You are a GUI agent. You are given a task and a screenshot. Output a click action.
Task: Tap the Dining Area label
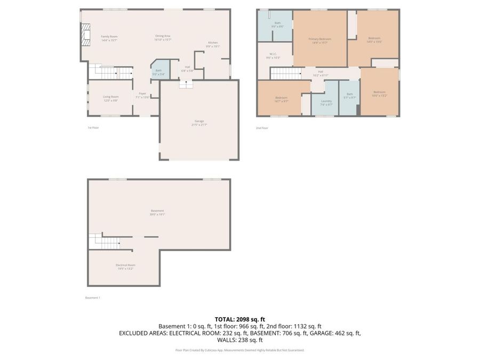162,37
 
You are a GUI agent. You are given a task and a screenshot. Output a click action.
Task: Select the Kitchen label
213,44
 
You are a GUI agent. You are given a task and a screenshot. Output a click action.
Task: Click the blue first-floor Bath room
158,70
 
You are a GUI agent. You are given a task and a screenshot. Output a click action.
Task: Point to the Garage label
199,122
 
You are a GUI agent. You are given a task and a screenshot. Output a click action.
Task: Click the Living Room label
110,98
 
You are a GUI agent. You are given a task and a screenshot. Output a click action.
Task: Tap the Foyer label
142,95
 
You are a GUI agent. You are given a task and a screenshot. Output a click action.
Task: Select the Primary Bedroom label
320,40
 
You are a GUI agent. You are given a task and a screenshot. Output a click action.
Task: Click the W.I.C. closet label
273,55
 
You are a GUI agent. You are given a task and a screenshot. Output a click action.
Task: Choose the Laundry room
326,102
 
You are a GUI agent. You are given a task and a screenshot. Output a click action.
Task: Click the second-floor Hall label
321,73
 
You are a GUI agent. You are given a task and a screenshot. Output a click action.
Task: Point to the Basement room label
157,212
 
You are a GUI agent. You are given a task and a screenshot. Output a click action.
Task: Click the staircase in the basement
104,242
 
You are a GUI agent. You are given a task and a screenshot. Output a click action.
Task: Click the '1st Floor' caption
93,127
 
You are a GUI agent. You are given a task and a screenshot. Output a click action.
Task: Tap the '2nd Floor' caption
262,127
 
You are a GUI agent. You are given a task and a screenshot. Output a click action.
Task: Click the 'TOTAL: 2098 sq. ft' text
239,319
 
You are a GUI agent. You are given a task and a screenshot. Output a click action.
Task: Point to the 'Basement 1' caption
93,298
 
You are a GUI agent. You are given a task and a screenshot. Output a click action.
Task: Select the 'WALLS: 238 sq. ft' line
239,340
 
